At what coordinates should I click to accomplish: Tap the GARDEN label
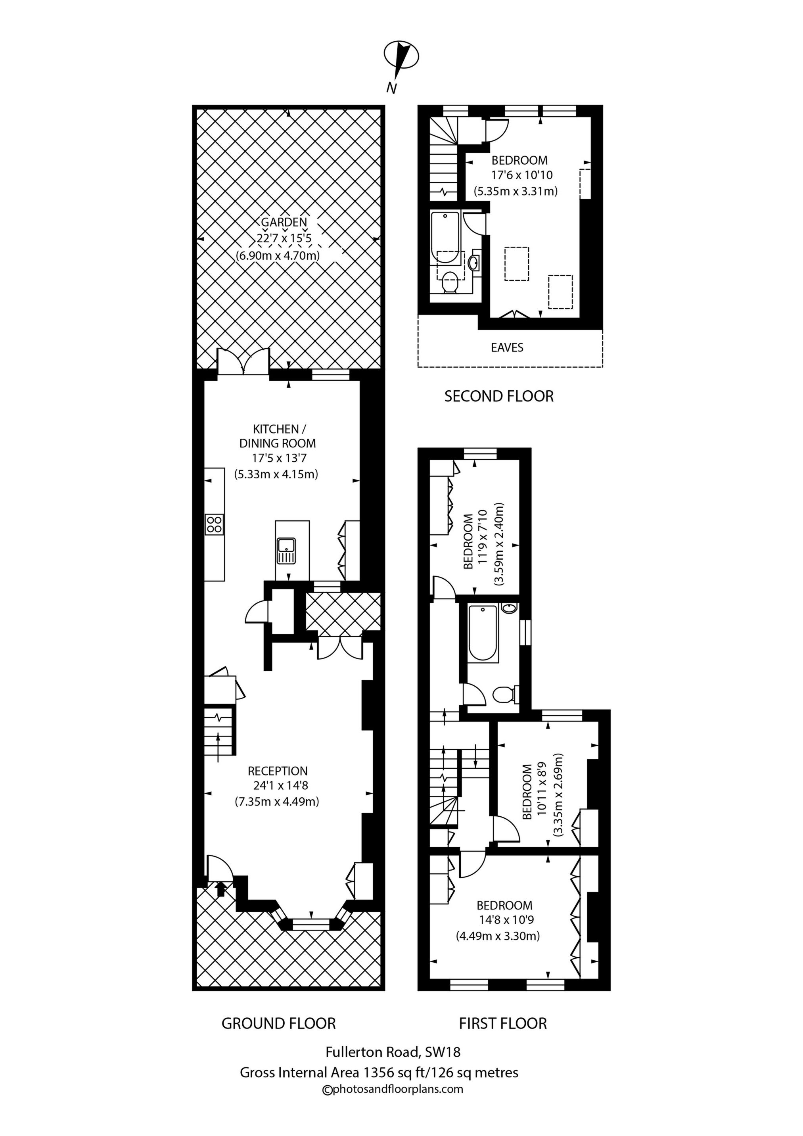coord(284,222)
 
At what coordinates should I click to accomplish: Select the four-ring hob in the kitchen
coord(214,524)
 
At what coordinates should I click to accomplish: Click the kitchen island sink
coord(286,551)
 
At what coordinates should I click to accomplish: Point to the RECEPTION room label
coord(277,771)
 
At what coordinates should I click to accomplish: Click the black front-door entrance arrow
coord(220,889)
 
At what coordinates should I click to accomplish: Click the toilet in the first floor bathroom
coord(505,695)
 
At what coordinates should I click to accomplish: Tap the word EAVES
coord(507,347)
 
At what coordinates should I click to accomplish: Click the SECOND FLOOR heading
coord(499,396)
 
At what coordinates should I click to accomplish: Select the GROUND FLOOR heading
coord(278,1023)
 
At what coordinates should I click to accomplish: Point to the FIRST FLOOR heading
coord(503,1023)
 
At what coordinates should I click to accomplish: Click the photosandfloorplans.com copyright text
coord(392,1088)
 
